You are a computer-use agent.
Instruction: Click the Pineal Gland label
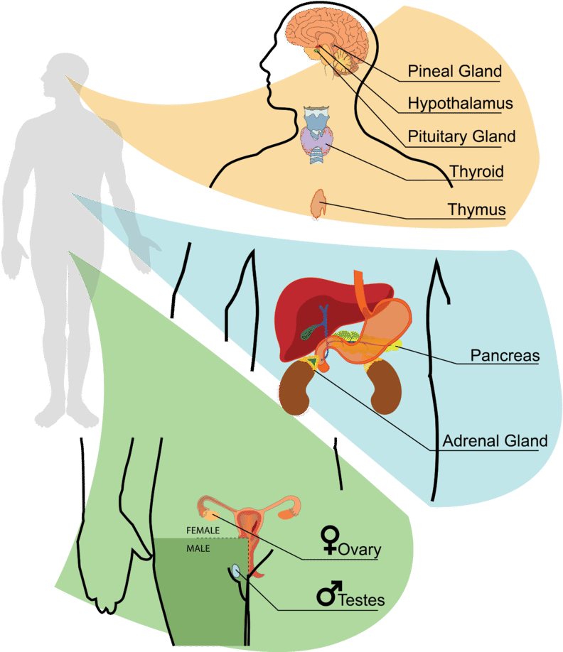455,72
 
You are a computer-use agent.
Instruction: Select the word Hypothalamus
460,104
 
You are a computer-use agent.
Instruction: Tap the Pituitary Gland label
461,136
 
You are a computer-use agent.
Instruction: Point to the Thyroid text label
476,171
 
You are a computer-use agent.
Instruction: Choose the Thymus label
476,210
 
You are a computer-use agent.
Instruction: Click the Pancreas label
505,355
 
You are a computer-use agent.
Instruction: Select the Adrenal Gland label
495,441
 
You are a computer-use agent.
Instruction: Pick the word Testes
362,600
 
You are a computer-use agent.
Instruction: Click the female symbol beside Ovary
329,540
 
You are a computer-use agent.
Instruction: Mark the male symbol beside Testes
328,594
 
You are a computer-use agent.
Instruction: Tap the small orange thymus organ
318,203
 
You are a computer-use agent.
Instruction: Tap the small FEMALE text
203,531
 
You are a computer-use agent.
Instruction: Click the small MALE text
198,548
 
